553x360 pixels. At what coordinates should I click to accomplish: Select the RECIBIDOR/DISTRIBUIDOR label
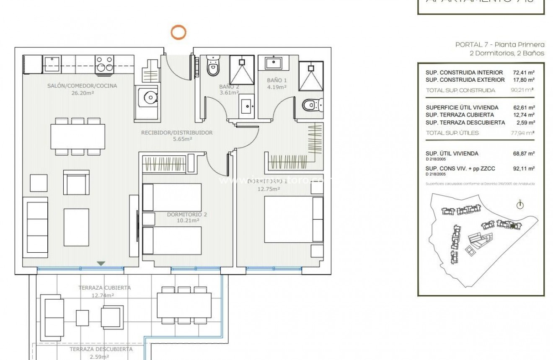176,132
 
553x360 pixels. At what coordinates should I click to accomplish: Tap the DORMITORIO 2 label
187,214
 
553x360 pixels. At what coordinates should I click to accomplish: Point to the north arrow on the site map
520,205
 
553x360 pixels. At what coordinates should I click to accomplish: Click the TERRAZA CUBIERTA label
104,288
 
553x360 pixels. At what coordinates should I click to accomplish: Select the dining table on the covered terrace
184,305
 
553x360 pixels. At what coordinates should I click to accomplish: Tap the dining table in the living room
78,136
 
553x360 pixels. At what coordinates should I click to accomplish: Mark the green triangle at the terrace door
101,263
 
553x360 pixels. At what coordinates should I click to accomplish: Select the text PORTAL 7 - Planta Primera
500,44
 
